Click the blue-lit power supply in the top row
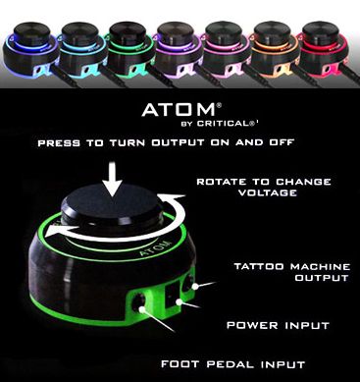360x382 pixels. point(30,51)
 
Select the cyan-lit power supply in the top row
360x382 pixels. point(82,50)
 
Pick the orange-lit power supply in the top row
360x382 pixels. point(274,50)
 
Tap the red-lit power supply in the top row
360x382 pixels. point(325,49)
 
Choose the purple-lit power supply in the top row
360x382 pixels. point(180,50)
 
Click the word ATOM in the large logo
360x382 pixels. point(179,110)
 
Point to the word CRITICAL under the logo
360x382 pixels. point(225,124)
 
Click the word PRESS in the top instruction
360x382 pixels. point(59,143)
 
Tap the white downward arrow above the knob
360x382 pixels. point(113,179)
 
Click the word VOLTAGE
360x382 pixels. point(268,192)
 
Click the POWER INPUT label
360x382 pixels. point(278,325)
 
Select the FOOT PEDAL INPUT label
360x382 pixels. point(233,364)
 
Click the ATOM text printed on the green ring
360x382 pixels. point(156,248)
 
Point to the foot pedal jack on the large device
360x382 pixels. point(138,301)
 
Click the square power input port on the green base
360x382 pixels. point(174,294)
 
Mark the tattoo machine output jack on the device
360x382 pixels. point(189,282)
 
